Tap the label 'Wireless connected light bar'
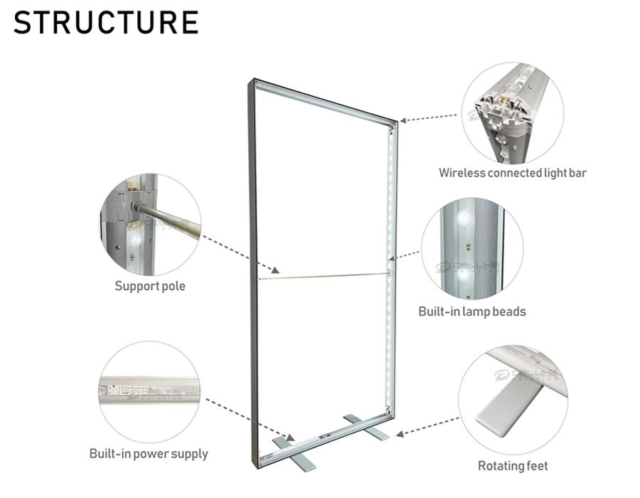pyautogui.click(x=512, y=172)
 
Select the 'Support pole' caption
pyautogui.click(x=149, y=286)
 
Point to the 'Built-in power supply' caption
pyautogui.click(x=149, y=453)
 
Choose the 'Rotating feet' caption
pyautogui.click(x=513, y=466)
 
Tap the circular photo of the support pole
pyautogui.click(x=150, y=224)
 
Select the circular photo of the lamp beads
pyautogui.click(x=472, y=248)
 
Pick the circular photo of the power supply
pyautogui.click(x=149, y=391)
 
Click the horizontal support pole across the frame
pyautogui.click(x=324, y=275)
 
